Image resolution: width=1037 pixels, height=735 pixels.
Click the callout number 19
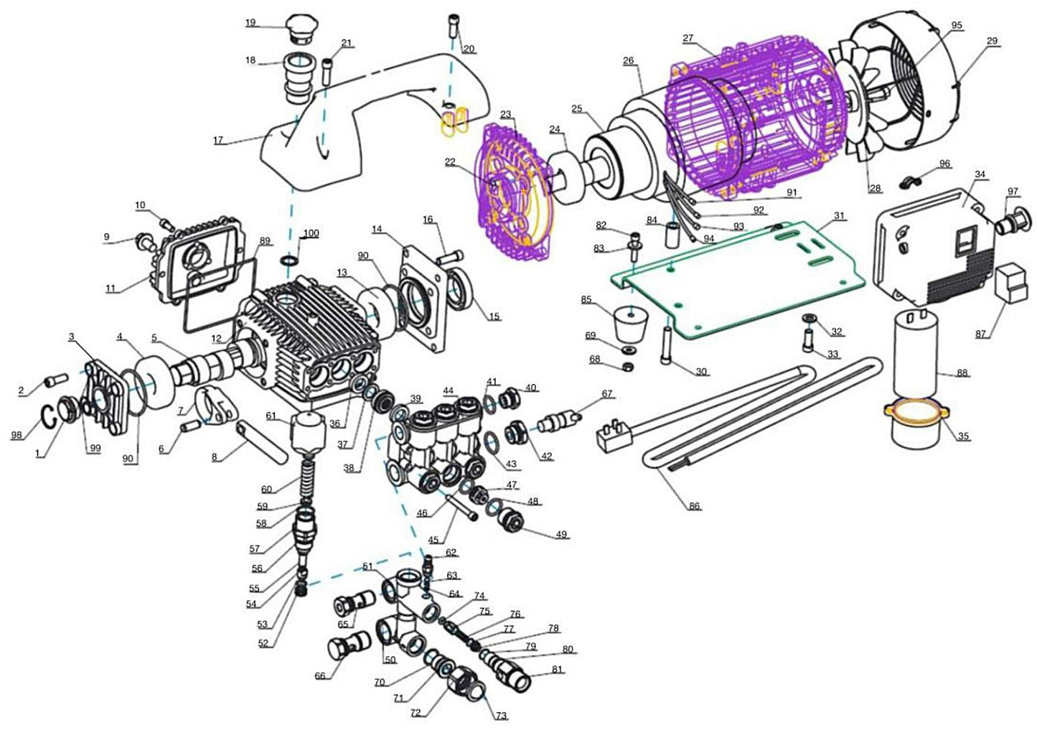tap(250, 22)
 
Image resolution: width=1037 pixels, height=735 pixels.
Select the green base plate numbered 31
tap(739, 280)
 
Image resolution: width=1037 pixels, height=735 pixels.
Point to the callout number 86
tap(693, 506)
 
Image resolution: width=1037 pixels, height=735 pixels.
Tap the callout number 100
tap(311, 233)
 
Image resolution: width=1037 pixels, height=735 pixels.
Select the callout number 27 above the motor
tap(688, 37)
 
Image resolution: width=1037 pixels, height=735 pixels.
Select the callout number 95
tap(956, 25)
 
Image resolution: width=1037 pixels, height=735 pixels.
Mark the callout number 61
tap(271, 416)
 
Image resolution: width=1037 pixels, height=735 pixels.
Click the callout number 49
tap(560, 534)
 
